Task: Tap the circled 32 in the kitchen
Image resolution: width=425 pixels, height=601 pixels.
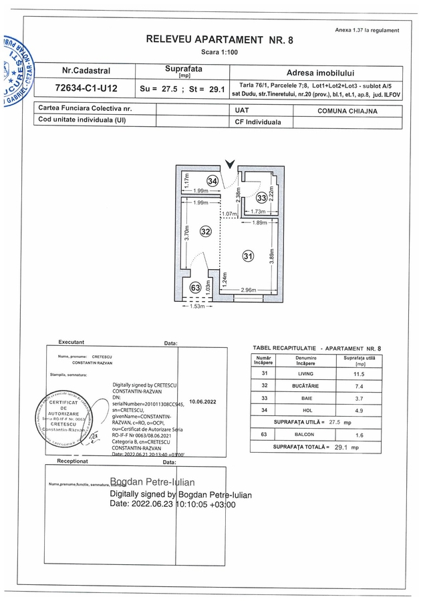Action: pyautogui.click(x=206, y=231)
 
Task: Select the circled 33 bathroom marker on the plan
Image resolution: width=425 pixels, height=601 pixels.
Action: pyautogui.click(x=262, y=197)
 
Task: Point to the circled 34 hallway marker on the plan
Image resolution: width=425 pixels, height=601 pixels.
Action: pyautogui.click(x=212, y=180)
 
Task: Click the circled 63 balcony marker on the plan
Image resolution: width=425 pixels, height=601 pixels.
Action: pyautogui.click(x=196, y=288)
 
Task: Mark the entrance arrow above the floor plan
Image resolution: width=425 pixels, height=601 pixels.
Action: pyautogui.click(x=231, y=164)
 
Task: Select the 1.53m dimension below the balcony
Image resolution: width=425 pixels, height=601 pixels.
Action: pyautogui.click(x=196, y=307)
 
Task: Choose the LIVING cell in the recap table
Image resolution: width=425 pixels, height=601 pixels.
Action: pyautogui.click(x=306, y=374)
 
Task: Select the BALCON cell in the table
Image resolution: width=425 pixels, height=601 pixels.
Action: pyautogui.click(x=306, y=434)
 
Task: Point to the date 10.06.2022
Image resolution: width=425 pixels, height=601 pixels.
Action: pyautogui.click(x=203, y=402)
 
